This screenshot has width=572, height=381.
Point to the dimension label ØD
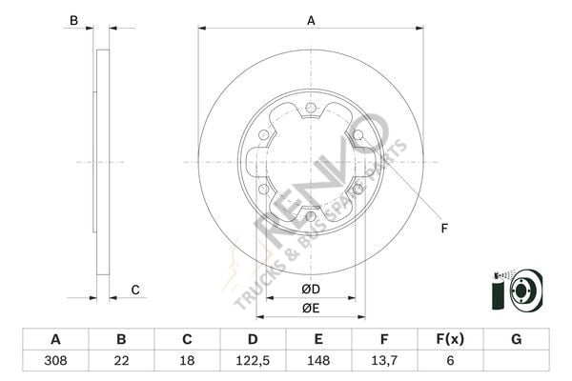pyautogui.click(x=310, y=289)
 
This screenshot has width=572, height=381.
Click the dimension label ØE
pyautogui.click(x=310, y=308)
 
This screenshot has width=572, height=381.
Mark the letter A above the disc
pyautogui.click(x=311, y=20)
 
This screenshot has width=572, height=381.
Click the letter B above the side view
pyautogui.click(x=74, y=20)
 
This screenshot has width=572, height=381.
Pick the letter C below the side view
pyautogui.click(x=135, y=290)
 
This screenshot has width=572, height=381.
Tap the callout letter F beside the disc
pyautogui.click(x=443, y=227)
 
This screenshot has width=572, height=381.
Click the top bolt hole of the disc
pyautogui.click(x=311, y=108)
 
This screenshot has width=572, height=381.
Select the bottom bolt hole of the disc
pyautogui.click(x=311, y=216)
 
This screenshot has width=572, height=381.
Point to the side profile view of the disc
pyautogui.click(x=102, y=162)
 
